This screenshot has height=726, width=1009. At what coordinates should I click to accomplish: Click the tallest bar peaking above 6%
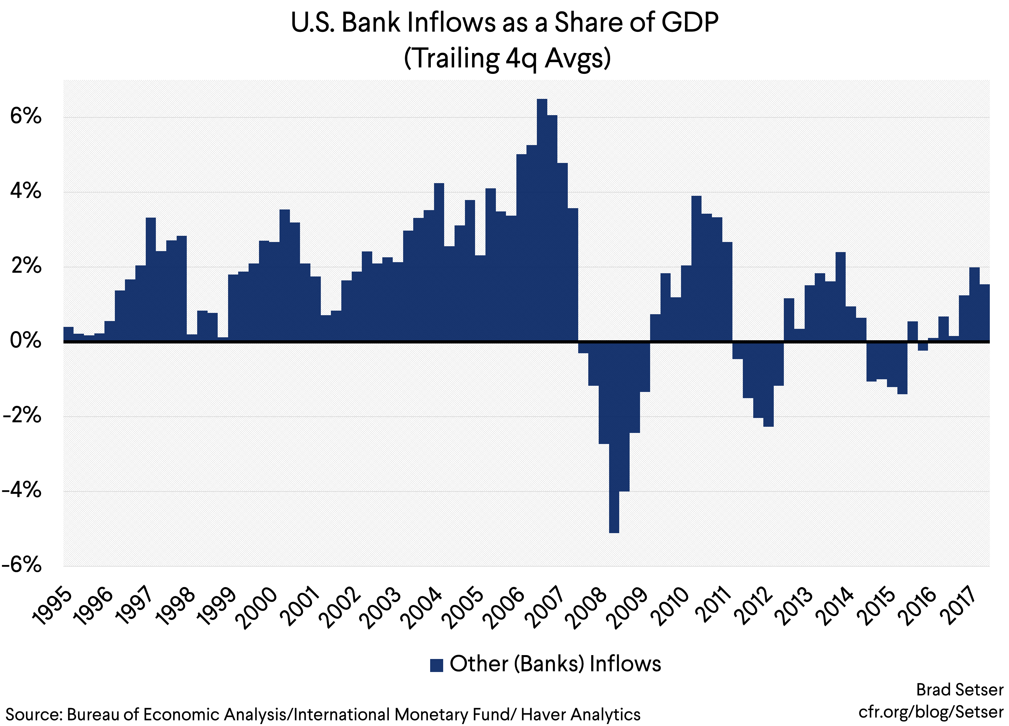click(542, 220)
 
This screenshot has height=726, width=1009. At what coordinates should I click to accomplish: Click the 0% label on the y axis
click(26, 341)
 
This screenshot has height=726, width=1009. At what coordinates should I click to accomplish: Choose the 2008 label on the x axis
click(588, 609)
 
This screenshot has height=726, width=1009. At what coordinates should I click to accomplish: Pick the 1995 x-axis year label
click(52, 607)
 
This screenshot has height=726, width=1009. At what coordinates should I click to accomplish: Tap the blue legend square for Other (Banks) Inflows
click(436, 665)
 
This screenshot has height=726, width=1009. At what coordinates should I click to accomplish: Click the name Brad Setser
click(959, 690)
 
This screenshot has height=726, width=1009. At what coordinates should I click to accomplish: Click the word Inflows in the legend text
click(625, 664)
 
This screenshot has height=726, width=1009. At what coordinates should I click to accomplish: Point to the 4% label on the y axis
click(26, 191)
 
